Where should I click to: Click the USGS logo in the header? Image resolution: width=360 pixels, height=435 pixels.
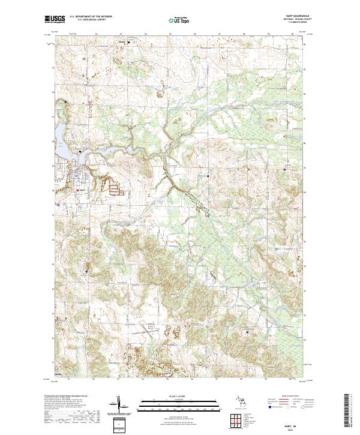click(55, 20)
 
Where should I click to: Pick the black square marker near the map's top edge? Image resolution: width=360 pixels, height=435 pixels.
click(127, 43)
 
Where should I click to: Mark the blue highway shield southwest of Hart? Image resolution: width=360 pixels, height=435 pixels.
click(58, 205)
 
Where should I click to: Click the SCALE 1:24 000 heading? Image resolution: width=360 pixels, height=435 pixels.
click(180, 396)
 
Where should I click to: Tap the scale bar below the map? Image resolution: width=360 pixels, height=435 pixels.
click(180, 403)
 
